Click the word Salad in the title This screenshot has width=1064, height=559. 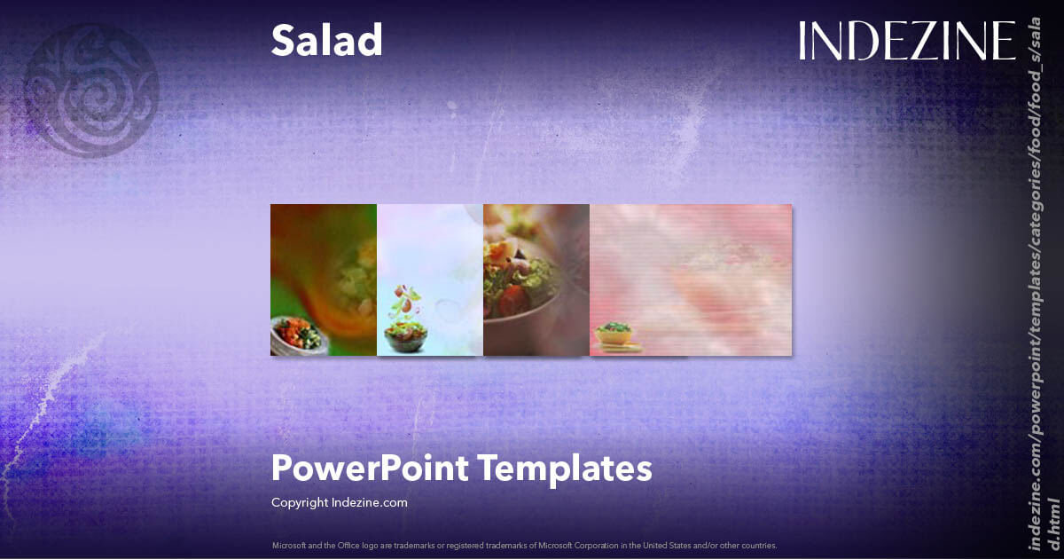pyautogui.click(x=326, y=41)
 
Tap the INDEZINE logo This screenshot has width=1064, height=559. pyautogui.click(x=906, y=41)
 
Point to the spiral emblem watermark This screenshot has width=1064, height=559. pyautogui.click(x=90, y=90)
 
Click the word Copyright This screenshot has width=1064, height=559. pyautogui.click(x=300, y=503)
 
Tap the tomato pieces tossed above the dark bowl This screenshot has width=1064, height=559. pyautogui.click(x=406, y=297)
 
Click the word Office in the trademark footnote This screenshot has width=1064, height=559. pyautogui.click(x=348, y=545)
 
